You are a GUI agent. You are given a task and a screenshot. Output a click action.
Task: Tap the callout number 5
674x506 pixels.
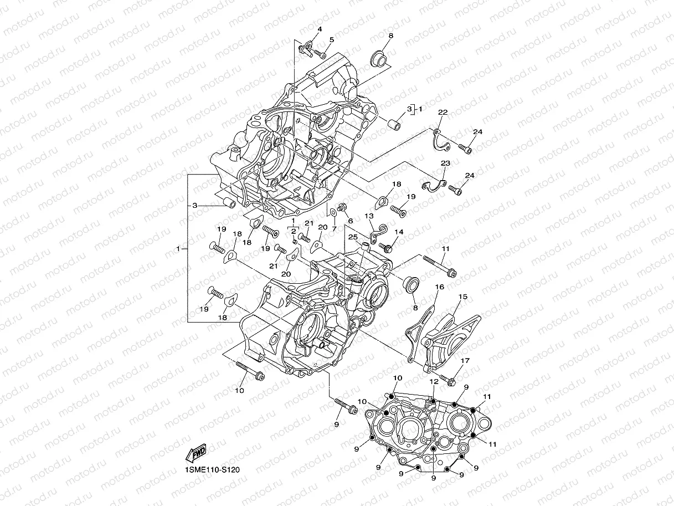coord(332,39)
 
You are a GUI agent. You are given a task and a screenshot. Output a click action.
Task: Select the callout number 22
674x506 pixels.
coord(443,113)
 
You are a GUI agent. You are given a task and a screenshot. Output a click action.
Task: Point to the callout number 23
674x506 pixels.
coord(445,163)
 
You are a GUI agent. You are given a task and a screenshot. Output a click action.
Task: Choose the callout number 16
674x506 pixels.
coord(439,287)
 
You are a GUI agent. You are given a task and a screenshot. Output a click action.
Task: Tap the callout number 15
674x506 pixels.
coord(462,297)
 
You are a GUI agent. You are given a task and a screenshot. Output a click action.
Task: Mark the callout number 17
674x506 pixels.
coord(465,361)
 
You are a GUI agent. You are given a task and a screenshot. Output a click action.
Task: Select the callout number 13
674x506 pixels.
coord(369,216)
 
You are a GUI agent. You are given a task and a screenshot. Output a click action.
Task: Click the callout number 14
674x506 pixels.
coord(399,232)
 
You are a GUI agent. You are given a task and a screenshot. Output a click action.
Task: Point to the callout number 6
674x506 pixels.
coord(350,221)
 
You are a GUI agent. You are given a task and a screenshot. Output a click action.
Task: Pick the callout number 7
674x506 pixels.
coord(334,228)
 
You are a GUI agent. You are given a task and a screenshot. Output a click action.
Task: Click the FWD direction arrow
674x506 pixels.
coord(197,454)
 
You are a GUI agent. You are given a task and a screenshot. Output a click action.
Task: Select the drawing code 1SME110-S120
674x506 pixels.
coord(212,469)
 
